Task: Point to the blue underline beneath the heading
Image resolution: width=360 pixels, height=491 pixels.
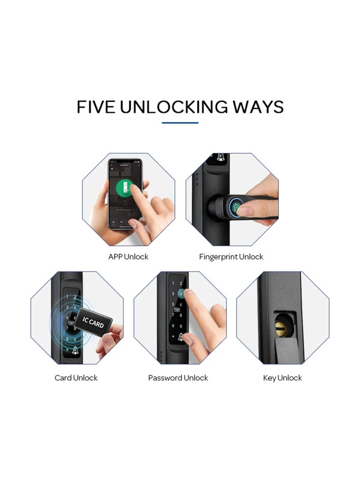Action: pos(180,122)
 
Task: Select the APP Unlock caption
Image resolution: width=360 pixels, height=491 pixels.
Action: pos(128,257)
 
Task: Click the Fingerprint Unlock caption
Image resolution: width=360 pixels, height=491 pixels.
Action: pos(231,257)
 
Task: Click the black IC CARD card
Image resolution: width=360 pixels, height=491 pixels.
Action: pos(93,322)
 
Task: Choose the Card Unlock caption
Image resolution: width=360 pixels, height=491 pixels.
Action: pos(76,378)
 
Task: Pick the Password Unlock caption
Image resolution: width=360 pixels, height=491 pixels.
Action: pos(178,378)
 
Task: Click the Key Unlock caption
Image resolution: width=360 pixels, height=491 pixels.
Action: pos(283,378)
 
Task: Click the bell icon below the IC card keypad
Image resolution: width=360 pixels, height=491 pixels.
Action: pos(75,350)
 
